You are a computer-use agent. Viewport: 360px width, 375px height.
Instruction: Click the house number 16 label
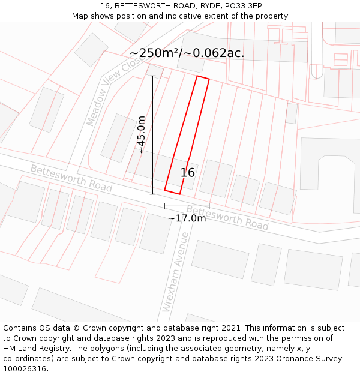tap(187, 173)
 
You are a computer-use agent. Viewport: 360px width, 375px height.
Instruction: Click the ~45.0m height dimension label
tap(142, 135)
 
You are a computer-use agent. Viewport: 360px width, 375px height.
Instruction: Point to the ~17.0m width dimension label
tap(187, 218)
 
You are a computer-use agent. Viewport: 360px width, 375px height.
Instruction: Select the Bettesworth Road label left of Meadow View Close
tap(71, 178)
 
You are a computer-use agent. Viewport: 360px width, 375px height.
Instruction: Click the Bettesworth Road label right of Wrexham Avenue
tap(227, 218)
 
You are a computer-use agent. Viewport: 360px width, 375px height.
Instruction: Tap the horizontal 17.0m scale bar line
tap(187, 206)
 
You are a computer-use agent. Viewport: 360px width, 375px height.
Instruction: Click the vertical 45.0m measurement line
tap(152, 135)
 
